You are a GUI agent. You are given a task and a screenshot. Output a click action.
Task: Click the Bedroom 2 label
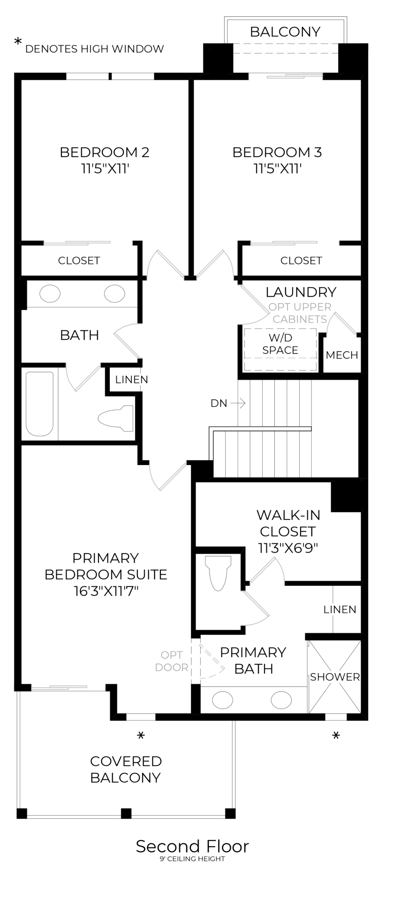pos(105,152)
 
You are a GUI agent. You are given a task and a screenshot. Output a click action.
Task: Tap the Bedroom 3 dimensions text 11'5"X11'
pos(277,169)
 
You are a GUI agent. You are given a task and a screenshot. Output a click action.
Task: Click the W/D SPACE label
pos(280,344)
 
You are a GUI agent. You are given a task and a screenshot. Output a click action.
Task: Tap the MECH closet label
pos(342,355)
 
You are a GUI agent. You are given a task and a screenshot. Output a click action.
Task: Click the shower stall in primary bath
pos(335,677)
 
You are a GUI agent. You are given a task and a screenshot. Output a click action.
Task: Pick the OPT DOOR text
pos(172,661)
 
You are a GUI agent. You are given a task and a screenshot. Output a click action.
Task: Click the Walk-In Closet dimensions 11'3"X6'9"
pos(288,547)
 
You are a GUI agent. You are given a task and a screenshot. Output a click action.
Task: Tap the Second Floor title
pos(192,846)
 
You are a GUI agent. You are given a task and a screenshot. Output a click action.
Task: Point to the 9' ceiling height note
pos(192,859)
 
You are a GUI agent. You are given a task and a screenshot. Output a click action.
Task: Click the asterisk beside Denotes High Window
pos(18,43)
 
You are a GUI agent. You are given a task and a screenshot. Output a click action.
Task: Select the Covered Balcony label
pos(126,769)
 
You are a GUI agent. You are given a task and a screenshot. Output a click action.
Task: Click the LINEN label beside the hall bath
pos(132,380)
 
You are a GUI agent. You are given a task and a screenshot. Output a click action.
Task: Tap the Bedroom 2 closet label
pos(79,261)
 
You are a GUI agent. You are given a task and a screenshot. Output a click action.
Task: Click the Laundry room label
pos(301,292)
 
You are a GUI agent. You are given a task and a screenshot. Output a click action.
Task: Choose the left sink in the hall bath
pos(50,294)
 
